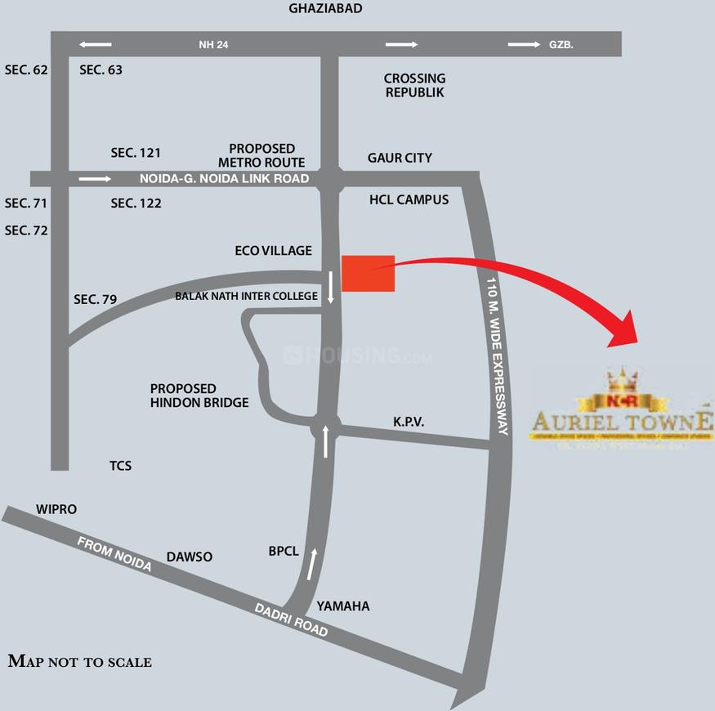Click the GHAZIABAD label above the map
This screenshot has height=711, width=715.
pos(325,8)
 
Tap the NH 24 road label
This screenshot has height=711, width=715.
pos(213,45)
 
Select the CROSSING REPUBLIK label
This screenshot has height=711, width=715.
pos(414,86)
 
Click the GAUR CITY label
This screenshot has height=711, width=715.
pos(400,158)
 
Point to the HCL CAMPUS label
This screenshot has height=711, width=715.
pos(409,199)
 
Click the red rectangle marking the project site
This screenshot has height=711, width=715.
pos(368,273)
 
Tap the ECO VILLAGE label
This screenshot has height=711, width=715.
pos(273,251)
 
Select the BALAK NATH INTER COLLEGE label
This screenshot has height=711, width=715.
pos(246,296)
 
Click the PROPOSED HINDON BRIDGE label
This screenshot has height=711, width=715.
pos(199,396)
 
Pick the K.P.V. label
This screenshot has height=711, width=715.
pos(409,422)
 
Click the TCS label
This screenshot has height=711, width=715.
pos(121,466)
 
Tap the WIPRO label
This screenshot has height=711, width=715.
pos(56,509)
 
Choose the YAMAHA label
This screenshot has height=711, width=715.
pos(343,606)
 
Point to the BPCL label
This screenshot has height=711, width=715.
pos(284,552)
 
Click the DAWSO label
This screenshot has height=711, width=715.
pos(190,557)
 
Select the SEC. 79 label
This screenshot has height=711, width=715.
pos(96,300)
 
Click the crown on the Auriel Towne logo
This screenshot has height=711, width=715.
pos(622,379)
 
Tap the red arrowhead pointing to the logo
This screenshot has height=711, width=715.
pos(628,331)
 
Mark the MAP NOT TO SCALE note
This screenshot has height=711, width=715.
pos(79,661)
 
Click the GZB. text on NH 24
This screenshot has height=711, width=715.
pos(561,45)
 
